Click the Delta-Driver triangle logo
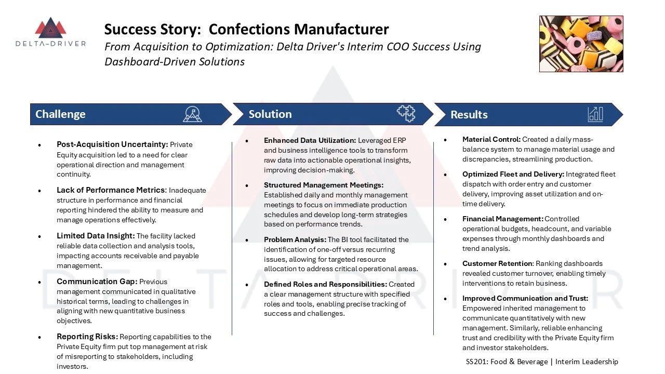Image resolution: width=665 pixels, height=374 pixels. (x=50, y=29)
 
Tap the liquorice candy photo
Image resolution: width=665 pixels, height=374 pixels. (x=581, y=44)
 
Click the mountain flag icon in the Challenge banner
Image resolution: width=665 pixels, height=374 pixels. (x=192, y=114)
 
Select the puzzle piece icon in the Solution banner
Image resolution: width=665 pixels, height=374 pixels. (x=406, y=113)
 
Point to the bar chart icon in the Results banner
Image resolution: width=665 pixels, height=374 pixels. (x=595, y=114)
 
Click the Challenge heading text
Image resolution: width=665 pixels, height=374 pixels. (x=60, y=114)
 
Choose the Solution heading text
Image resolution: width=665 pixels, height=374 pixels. (x=270, y=114)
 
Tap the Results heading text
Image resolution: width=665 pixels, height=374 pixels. (x=469, y=115)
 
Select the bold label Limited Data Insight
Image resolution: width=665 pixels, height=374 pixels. (x=96, y=236)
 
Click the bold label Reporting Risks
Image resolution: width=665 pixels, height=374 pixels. (x=87, y=337)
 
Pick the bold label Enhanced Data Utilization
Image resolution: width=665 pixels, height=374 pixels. (x=310, y=140)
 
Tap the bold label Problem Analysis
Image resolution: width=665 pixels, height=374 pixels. (x=295, y=239)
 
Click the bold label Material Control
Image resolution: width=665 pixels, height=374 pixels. (x=491, y=139)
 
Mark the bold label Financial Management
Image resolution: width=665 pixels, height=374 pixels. (x=502, y=219)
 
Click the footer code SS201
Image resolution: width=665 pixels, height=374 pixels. (x=477, y=362)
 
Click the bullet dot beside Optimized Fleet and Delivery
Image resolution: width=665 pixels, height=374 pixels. (x=446, y=175)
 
